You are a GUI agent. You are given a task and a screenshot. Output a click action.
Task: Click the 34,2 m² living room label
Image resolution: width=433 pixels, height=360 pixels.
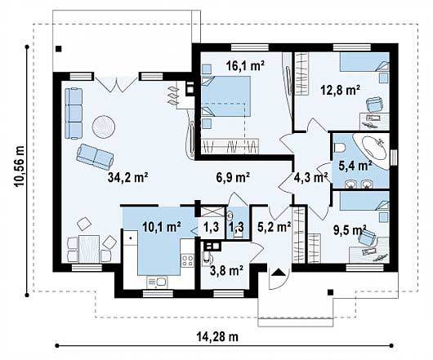(x=128, y=178)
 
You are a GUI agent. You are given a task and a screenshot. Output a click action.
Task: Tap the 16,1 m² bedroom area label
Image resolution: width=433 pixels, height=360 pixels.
(x=245, y=65)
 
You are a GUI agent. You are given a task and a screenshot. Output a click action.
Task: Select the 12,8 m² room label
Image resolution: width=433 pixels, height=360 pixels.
(x=341, y=90)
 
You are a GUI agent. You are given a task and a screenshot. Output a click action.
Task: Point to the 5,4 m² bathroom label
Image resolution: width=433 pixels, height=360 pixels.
(x=355, y=167)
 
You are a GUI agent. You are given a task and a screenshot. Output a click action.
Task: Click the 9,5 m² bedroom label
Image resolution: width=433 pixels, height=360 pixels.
(x=350, y=230)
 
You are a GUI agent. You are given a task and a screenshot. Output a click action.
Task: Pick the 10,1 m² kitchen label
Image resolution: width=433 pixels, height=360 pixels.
(x=162, y=227)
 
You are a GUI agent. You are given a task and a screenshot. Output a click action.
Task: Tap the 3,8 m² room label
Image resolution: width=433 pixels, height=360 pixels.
(x=226, y=270)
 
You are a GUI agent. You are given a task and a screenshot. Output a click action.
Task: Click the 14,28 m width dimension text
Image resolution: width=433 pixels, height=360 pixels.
(x=217, y=336)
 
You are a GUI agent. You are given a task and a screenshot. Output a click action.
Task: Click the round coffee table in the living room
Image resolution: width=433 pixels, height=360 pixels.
(x=104, y=127)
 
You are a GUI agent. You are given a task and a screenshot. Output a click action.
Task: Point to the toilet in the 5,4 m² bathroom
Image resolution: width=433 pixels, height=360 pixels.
(x=339, y=148)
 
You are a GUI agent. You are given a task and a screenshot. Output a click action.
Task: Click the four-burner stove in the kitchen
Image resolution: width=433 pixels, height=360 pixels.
(x=188, y=260)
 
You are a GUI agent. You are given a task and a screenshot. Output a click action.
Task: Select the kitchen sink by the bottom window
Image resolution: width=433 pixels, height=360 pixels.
(x=158, y=282)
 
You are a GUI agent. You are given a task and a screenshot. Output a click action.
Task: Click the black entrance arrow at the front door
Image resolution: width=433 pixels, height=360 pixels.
(x=278, y=272)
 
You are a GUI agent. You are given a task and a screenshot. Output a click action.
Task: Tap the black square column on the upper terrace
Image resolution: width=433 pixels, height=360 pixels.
(x=58, y=49)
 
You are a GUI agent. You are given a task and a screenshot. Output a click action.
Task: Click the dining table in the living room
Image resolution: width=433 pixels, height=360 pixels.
(x=89, y=249)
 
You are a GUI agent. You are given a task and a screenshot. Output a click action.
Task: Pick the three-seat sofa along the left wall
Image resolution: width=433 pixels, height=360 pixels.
(x=74, y=113)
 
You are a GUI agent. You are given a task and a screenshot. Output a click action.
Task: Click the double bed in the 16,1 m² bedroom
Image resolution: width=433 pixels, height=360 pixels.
(x=225, y=96)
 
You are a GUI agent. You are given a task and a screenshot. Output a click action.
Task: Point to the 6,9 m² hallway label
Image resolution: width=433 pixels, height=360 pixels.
(x=234, y=178)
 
